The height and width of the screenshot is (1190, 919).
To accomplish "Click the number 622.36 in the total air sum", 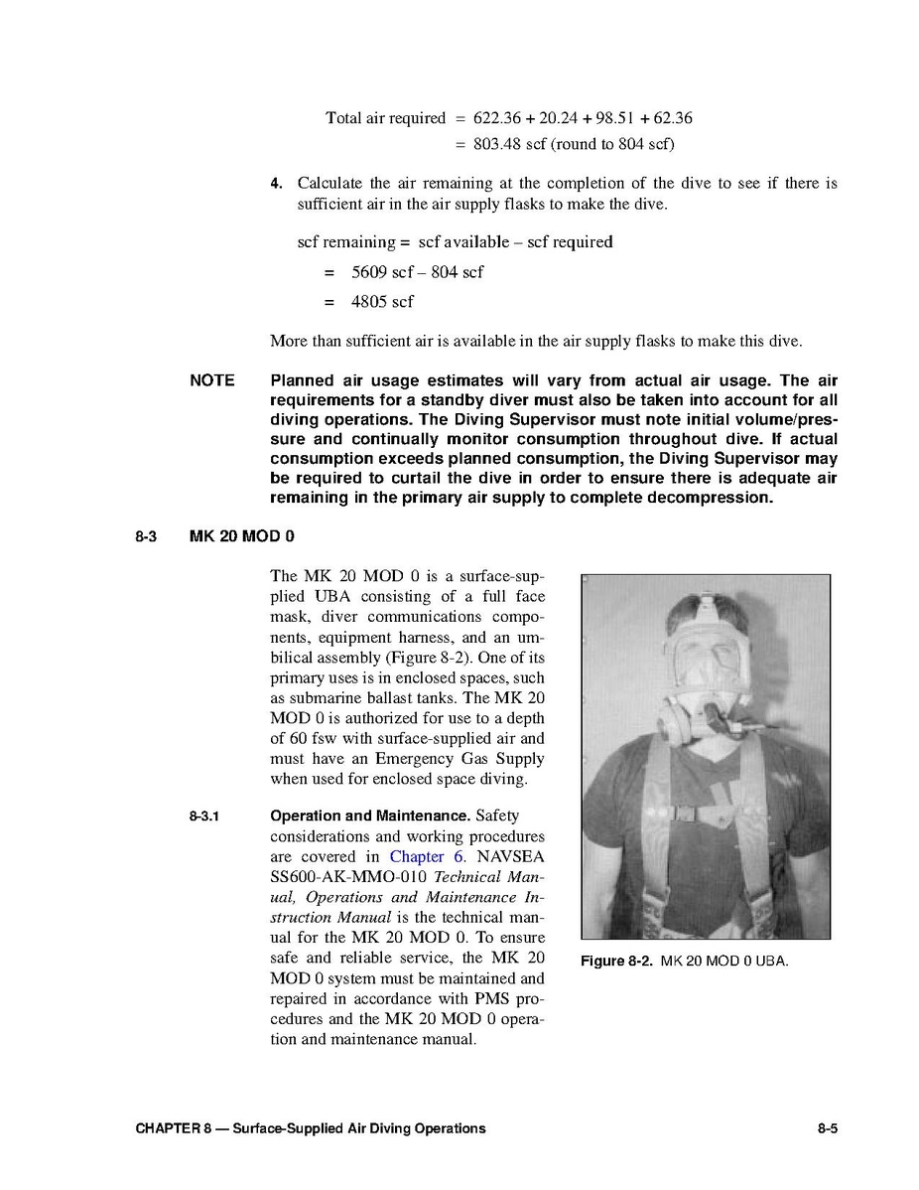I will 498,118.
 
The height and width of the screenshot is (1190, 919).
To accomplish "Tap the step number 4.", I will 277,184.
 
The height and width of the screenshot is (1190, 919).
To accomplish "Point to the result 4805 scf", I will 382,301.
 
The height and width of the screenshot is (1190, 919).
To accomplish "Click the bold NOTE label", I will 212,380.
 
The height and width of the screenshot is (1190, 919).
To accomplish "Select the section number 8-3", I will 147,537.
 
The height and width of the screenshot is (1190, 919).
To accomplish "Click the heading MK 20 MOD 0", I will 241,537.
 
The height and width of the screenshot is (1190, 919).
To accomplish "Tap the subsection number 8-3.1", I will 203,817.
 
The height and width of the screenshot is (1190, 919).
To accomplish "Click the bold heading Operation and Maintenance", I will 370,817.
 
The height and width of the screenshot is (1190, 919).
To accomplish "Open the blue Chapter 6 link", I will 424,856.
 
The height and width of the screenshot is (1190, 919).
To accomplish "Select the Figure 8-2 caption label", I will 616,962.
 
